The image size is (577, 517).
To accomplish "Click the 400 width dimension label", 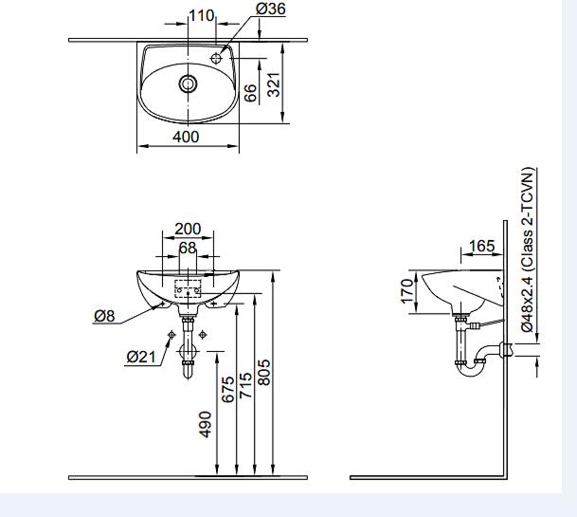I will (187, 137).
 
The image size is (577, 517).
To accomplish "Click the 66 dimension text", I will (250, 92).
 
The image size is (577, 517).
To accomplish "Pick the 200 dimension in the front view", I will (188, 230).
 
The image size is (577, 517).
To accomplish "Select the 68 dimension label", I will (188, 248).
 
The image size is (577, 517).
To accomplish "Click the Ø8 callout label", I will (104, 317).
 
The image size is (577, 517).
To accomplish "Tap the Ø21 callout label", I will (139, 357).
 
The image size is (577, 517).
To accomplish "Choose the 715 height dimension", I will (245, 384).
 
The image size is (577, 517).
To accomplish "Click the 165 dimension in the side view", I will (482, 247).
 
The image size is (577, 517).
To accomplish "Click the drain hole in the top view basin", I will (189, 83).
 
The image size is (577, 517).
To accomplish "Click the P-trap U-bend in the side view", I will (468, 368).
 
